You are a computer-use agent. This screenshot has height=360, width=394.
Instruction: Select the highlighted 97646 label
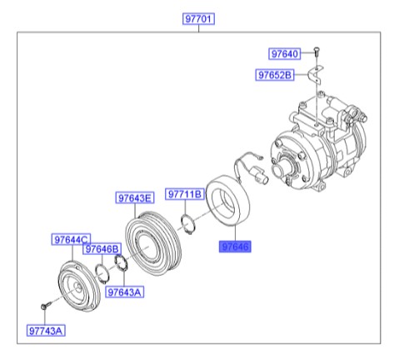click(x=234, y=247)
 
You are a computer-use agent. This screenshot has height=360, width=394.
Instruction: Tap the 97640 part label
click(x=285, y=54)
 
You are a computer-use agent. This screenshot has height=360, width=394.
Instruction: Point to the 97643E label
click(x=134, y=198)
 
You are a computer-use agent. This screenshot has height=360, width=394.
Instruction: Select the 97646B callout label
click(x=102, y=249)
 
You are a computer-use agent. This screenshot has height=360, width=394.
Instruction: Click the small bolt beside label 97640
click(x=317, y=52)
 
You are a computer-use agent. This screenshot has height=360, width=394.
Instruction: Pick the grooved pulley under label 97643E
click(x=151, y=245)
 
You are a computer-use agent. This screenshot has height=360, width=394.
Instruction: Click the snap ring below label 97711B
click(x=189, y=223)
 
